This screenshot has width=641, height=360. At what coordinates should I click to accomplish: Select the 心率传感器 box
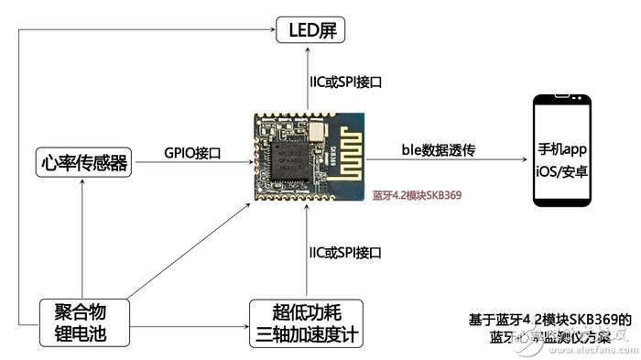pyautogui.click(x=82, y=164)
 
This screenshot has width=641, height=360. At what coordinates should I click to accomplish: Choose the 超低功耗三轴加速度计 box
pyautogui.click(x=306, y=322)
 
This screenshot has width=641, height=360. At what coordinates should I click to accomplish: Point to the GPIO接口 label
pyautogui.click(x=192, y=153)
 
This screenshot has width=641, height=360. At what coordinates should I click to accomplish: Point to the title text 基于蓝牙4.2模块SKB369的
pyautogui.click(x=548, y=320)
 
